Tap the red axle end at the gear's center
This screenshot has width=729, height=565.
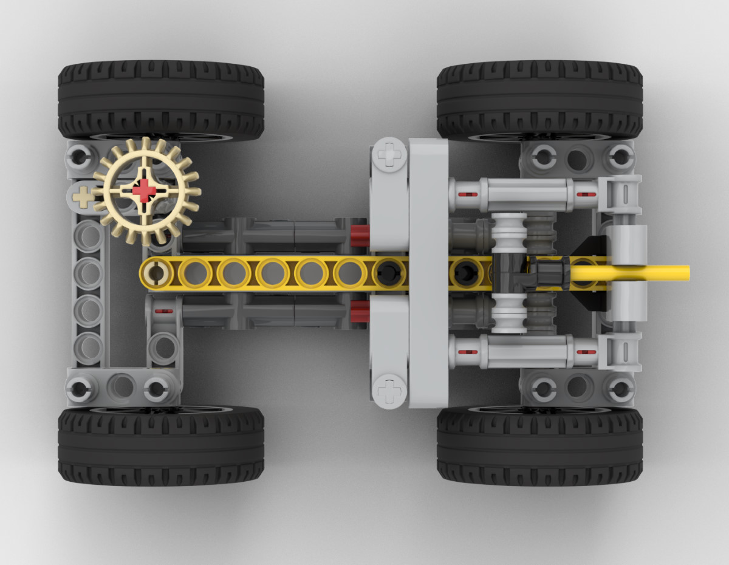[145, 190]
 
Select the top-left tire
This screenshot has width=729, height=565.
[161, 100]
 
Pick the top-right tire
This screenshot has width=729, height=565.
[539, 100]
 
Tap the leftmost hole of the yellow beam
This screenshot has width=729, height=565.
[157, 273]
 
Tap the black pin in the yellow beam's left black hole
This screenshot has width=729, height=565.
[387, 273]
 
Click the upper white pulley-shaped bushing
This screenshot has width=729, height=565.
[509, 230]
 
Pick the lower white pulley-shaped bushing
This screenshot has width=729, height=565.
[509, 315]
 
